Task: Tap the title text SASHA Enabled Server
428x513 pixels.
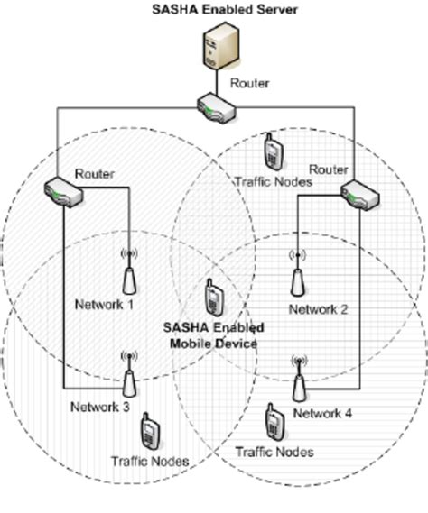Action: pos(213,9)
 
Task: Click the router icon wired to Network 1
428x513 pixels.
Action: pos(64,191)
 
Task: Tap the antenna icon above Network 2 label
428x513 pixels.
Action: pos(295,274)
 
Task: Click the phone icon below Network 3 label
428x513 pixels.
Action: pos(151,434)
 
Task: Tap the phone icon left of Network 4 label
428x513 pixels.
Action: pos(272,422)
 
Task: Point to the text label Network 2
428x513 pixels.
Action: pos(318,310)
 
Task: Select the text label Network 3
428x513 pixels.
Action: pos(100,407)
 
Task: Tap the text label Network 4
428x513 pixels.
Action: pos(322,413)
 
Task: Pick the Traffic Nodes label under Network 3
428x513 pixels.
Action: pos(150,462)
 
